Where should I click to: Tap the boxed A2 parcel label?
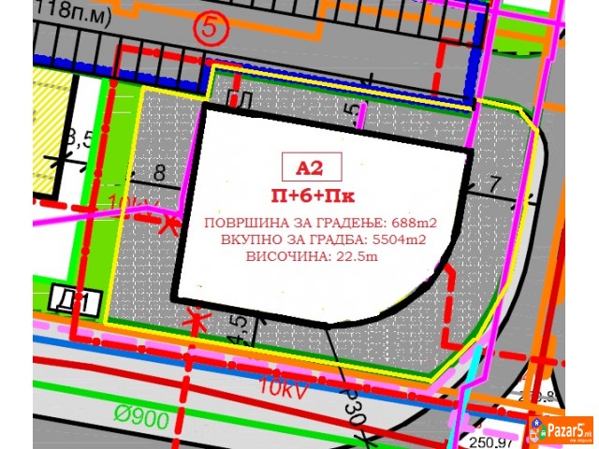tap(310, 168)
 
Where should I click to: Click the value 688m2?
tap(413, 222)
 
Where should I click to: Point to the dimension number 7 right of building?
tap(495, 183)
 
